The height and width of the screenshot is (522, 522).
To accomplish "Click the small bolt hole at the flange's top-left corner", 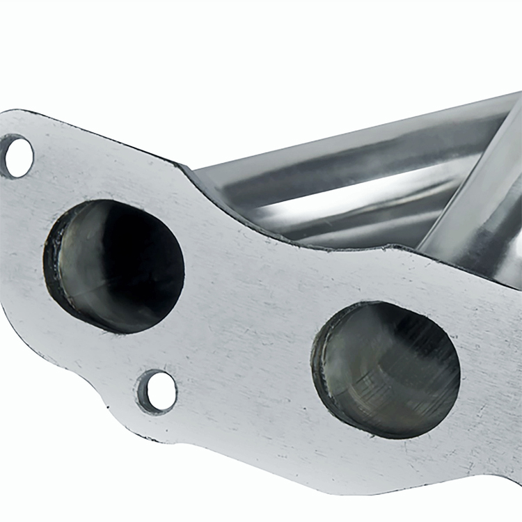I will pos(17,157).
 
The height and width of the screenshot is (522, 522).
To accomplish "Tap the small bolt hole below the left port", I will pos(158,391).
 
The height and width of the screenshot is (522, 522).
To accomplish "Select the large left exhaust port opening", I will pos(115,266).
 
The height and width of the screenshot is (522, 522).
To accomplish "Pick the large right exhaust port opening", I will pos(387,370).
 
